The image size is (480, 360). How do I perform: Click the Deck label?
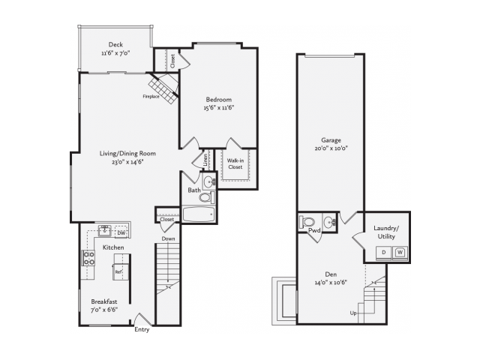tap(115, 45)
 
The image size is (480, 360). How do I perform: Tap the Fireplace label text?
tap(151, 97)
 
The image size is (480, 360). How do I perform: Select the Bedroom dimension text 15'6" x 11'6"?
tap(219, 107)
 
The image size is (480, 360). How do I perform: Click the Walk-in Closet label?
tap(235, 163)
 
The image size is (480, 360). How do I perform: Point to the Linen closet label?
tap(205, 160)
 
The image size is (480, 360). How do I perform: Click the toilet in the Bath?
tap(207, 197)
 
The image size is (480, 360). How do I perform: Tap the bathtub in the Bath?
tap(199, 214)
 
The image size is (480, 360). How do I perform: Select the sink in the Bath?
tap(209, 181)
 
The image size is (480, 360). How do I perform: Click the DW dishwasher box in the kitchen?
tap(121, 233)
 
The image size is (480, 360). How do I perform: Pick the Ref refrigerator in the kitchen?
tap(119, 271)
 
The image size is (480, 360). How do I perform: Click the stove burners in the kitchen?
tap(88, 258)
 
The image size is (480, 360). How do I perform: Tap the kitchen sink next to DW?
tap(105, 230)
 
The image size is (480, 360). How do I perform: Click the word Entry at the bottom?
tap(142, 330)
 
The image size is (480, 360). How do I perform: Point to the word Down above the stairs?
tap(168, 238)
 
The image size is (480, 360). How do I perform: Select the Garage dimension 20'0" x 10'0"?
tap(331, 148)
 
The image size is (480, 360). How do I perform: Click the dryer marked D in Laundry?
tap(383, 253)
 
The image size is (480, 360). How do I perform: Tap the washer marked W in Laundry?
tap(400, 253)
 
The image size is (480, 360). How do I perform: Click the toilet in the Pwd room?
tap(307, 221)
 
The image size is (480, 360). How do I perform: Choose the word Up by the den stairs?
tap(353, 313)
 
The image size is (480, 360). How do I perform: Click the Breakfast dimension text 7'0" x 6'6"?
tap(104, 310)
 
